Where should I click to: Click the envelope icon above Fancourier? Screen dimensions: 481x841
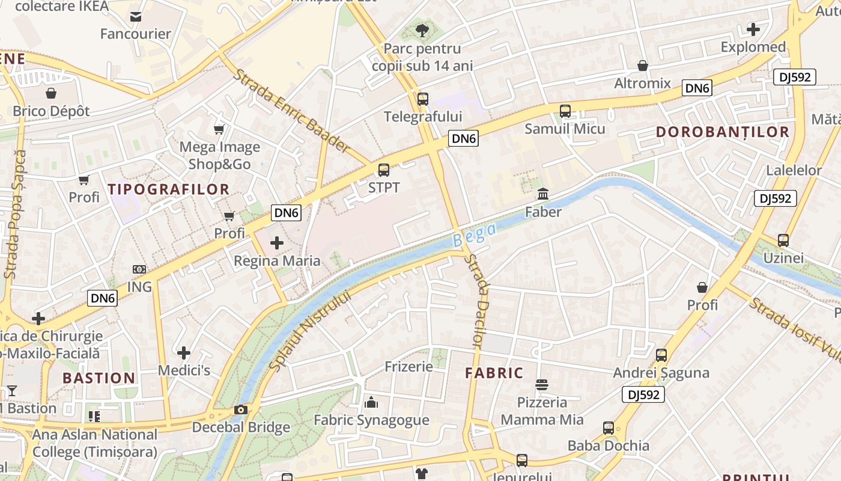coord(136,16)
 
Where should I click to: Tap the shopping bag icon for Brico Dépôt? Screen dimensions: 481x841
coord(51,93)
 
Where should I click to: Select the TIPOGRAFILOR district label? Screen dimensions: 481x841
coord(169,189)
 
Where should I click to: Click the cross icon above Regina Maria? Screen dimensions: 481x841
coord(277,243)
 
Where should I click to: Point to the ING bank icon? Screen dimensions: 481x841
coord(139,269)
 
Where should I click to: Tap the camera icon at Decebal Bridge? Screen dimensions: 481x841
coord(241,410)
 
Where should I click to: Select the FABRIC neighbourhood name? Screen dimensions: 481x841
coord(494,373)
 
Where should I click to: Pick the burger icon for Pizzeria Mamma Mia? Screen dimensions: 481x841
coord(542,385)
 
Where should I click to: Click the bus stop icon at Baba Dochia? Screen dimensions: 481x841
coord(609,428)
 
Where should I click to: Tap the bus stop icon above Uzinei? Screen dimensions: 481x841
coord(783,240)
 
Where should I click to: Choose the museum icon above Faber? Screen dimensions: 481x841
coord(543,194)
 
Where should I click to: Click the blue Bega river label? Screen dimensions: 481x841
coord(475,235)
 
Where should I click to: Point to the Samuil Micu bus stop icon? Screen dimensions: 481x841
coord(565,111)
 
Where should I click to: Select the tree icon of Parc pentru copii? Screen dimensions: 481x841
coord(422,29)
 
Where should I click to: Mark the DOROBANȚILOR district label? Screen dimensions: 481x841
coord(722,132)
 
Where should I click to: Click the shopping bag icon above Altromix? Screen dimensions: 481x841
coord(643,66)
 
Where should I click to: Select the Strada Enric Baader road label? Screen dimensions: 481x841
coord(291,111)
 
